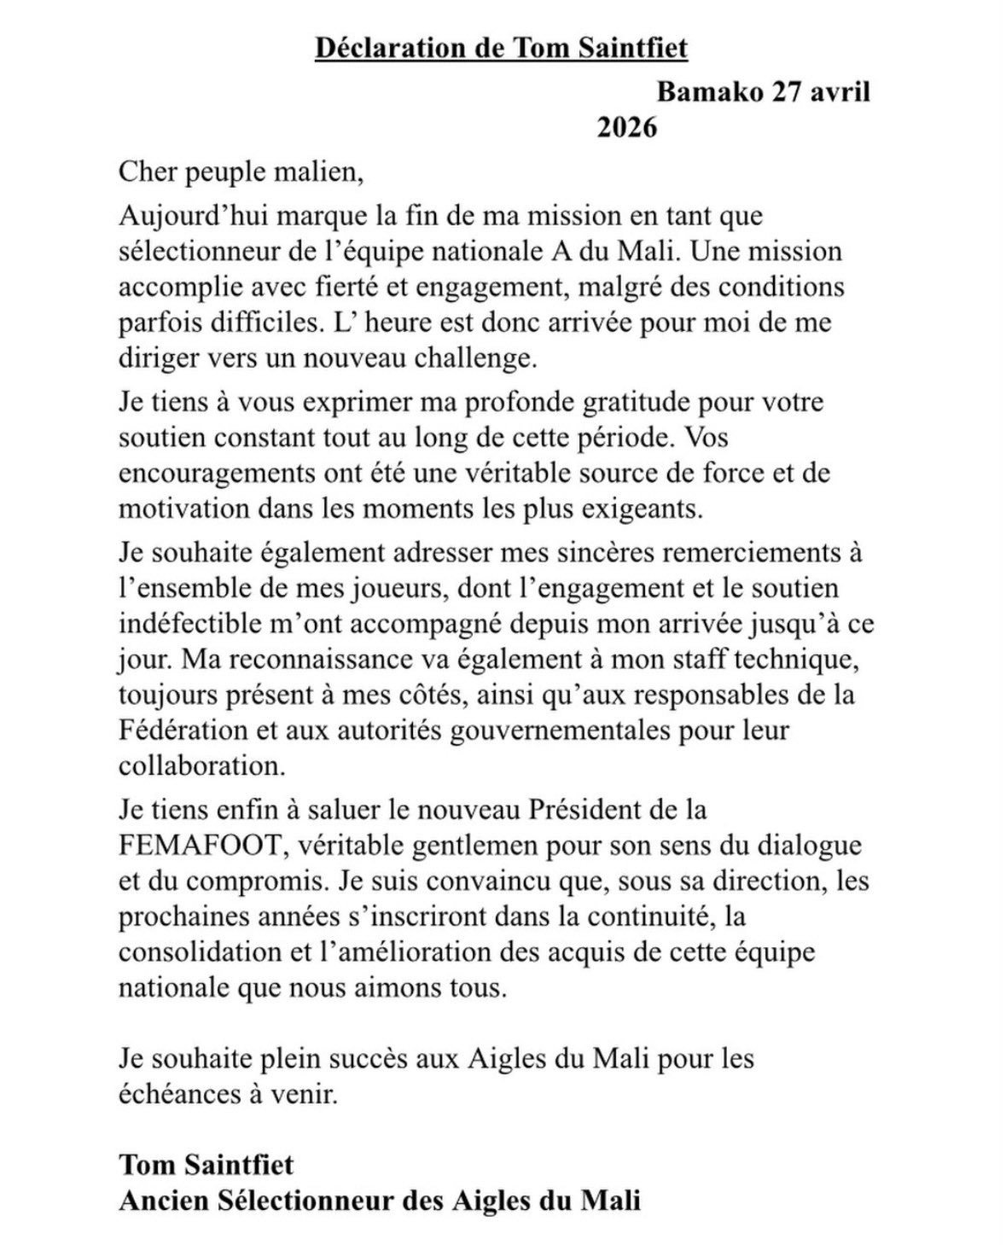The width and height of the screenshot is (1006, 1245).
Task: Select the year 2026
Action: [x=627, y=129]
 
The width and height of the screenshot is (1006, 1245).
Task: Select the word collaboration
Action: [x=201, y=766]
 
